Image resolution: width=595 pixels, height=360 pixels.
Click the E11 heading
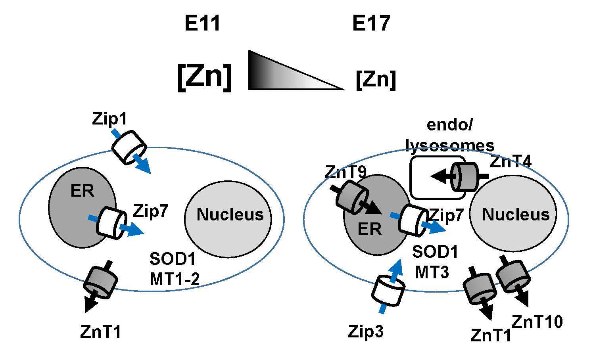tap(202, 25)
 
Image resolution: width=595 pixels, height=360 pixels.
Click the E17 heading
tap(371, 25)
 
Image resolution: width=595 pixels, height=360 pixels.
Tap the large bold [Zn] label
tap(204, 77)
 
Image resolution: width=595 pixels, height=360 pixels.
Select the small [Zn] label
tap(376, 80)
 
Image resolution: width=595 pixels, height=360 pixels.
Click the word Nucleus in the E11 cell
tap(230, 214)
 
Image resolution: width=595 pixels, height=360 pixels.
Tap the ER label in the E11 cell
tap(82, 191)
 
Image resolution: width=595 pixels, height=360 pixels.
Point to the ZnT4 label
tap(511, 162)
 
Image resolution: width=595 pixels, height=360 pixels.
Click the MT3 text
tap(432, 272)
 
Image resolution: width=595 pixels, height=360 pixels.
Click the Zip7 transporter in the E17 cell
tap(413, 220)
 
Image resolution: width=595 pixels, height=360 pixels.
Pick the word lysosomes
tap(450, 146)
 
